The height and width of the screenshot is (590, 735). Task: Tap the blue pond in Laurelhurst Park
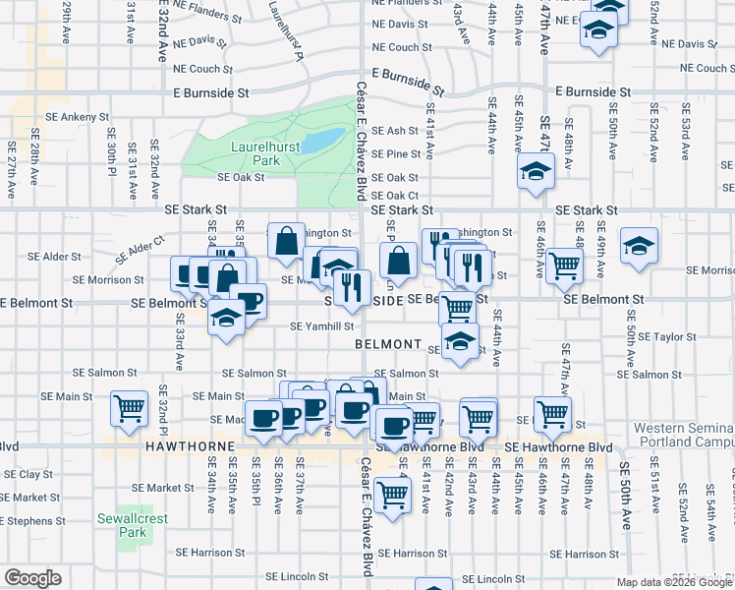pyautogui.click(x=323, y=142)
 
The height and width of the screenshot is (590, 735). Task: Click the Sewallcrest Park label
pyautogui.click(x=122, y=525)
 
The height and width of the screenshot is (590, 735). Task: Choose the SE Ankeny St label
pyautogui.click(x=59, y=117)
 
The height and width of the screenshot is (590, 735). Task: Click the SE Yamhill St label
pyautogui.click(x=321, y=326)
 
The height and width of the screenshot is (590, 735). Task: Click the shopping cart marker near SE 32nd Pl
pyautogui.click(x=128, y=409)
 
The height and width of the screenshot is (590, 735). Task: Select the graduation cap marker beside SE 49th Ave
pyautogui.click(x=639, y=249)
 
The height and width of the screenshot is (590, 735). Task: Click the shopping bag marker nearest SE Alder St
pyautogui.click(x=285, y=241)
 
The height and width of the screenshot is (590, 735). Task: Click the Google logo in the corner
pyautogui.click(x=33, y=577)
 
